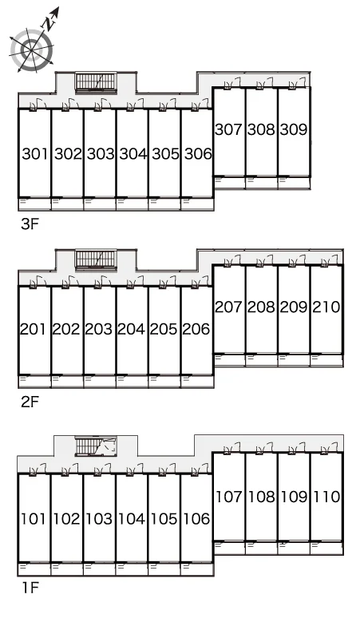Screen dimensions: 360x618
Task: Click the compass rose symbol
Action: [31, 50]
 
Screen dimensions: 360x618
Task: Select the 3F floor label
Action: [30, 224]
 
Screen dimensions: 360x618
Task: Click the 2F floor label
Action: [30, 402]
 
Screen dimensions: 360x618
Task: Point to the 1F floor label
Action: [30, 588]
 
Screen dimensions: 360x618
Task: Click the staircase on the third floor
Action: [96, 82]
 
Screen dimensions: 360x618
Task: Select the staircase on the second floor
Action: [96, 259]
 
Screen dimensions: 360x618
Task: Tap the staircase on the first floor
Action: [96, 446]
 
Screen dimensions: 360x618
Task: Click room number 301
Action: [35, 154]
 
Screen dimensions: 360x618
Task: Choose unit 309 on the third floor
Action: [294, 129]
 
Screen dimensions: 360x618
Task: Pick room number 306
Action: [198, 154]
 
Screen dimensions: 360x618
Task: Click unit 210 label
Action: [326, 307]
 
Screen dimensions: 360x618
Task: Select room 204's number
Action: [131, 329]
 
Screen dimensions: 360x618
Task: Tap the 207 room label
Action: [228, 307]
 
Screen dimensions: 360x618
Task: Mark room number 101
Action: [34, 519]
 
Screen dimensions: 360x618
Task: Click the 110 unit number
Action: [326, 497]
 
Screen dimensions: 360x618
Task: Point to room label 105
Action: [164, 519]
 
